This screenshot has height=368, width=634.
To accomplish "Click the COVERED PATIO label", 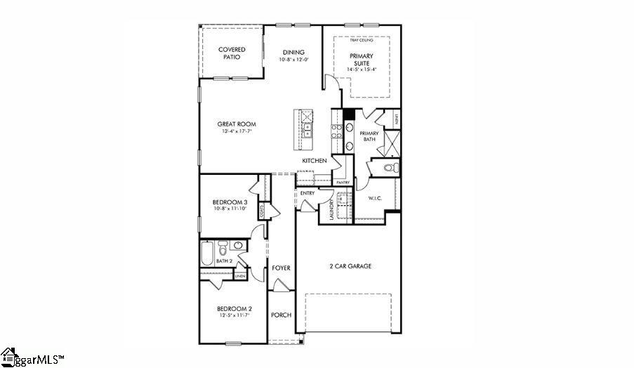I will click(231, 53).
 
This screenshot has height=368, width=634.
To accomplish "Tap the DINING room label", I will click(293, 52).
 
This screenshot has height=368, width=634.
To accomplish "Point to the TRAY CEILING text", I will click(361, 41).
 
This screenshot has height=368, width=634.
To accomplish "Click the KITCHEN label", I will click(314, 161).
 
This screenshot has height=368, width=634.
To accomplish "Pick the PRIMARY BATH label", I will click(369, 136).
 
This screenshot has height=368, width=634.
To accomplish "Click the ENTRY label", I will click(307, 193).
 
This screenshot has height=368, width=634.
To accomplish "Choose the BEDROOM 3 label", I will click(230, 202).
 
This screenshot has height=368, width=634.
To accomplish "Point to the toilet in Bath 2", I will click(223, 248).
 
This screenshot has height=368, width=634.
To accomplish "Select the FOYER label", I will click(281, 268).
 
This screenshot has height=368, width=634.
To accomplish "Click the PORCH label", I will click(281, 315).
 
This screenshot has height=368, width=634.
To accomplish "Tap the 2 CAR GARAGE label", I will click(350, 266).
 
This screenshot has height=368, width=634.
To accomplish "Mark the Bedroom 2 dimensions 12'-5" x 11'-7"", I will click(234, 315).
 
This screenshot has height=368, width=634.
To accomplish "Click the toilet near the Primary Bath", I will click(392, 167).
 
